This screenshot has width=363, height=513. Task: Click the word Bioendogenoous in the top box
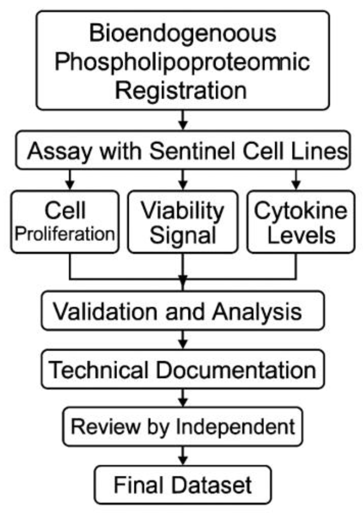coord(182,33)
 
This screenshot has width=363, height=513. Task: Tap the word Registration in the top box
coord(181,91)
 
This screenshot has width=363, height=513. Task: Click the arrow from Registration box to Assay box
coord(183,120)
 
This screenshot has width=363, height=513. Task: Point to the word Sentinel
coord(193,151)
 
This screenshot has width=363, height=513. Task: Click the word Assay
coord(59,151)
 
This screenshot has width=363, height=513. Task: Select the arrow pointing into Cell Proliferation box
coord(70,180)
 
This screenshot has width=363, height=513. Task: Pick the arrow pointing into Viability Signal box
coord(183,180)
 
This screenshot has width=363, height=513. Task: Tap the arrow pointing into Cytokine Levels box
coord(296,180)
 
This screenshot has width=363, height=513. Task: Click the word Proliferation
coord(65,234)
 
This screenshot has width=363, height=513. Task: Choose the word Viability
coord(182,211)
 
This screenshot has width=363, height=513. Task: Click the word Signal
coord(183,235)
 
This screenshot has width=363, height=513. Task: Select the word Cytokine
coord(301,211)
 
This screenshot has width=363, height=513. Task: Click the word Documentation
coord(236,370)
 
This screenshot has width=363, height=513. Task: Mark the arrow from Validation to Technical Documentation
coord(183,340)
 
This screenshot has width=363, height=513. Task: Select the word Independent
coord(235,426)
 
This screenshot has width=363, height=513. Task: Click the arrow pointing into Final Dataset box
coord(183,456)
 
